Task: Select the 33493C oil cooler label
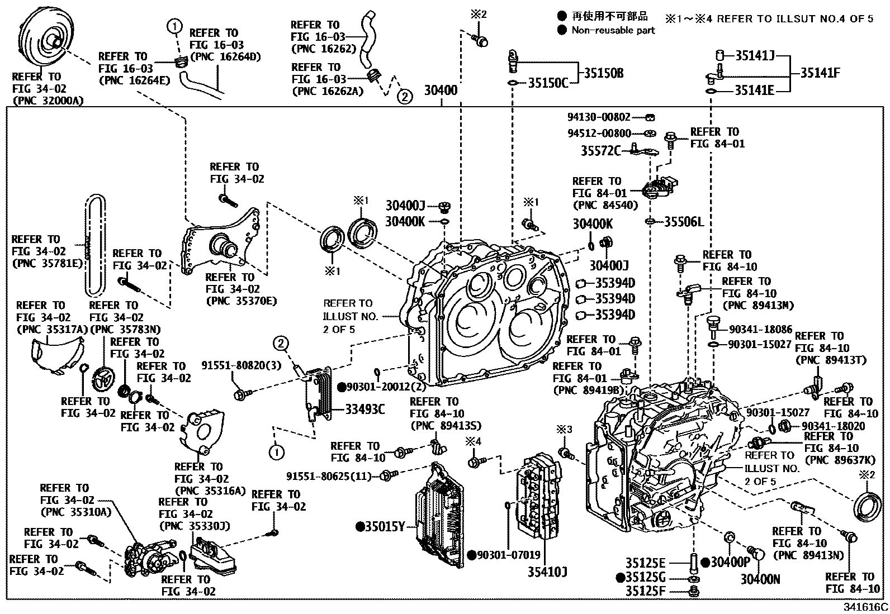[x=364, y=410]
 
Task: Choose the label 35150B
[x=603, y=73]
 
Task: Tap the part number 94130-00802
[x=599, y=117]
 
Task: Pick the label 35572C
[x=600, y=150]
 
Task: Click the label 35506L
[x=684, y=222]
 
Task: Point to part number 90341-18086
[x=760, y=330]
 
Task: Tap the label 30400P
[x=730, y=563]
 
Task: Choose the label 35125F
[x=645, y=591]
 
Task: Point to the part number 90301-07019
[x=508, y=555]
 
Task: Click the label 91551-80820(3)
[x=242, y=365]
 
